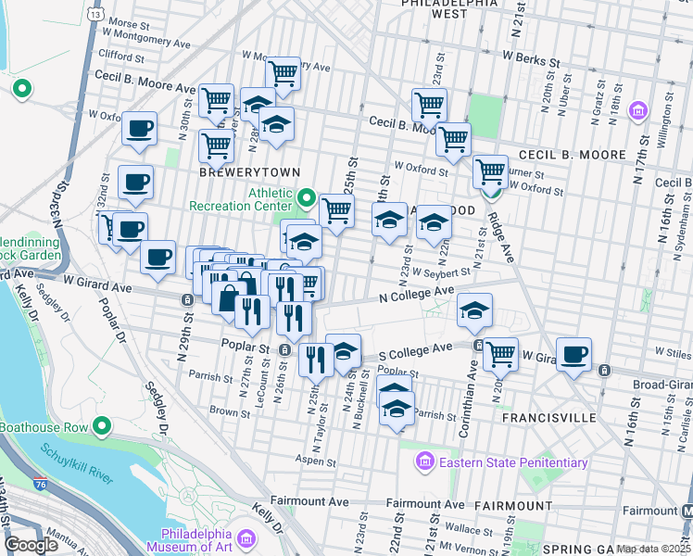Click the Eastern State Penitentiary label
point(513,462)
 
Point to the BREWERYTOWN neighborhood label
point(238,172)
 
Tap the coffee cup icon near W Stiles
point(574,353)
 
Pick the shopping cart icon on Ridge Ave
point(489,171)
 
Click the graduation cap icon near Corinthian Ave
point(474,310)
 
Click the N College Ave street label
point(416,293)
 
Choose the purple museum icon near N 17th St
point(637,113)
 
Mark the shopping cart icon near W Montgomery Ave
point(283,74)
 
